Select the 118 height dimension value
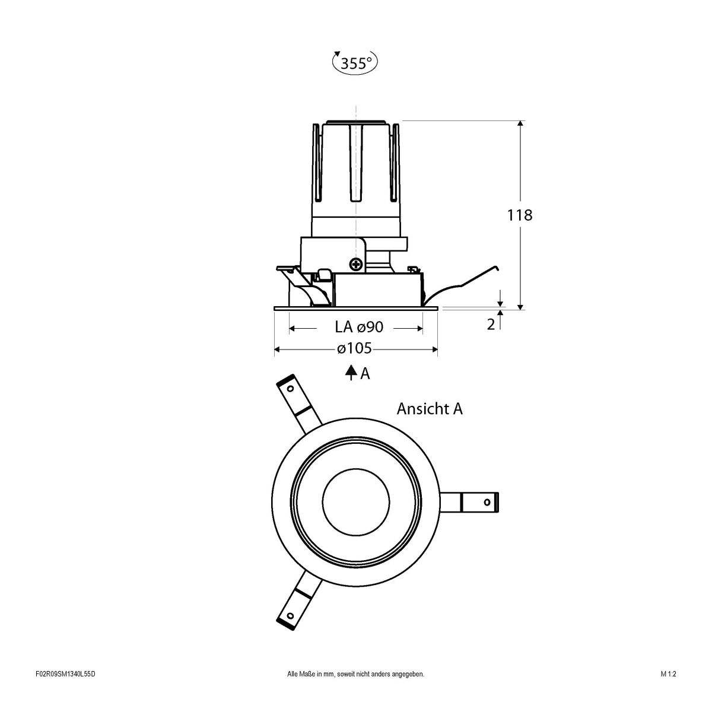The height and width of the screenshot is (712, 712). point(520,215)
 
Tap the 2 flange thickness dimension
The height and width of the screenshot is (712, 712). point(491,325)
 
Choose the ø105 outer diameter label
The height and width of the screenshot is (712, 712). point(354,349)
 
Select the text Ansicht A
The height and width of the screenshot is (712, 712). point(430,409)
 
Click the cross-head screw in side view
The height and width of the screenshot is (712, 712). point(358,265)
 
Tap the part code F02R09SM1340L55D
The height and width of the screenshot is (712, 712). point(65,691)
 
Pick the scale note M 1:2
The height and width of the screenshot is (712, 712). point(667,691)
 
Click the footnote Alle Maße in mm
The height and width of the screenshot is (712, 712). point(355,691)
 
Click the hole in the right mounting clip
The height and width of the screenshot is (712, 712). point(487,502)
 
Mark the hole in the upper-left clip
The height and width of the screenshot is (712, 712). point(290,389)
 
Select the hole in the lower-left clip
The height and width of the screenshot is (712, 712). point(291,615)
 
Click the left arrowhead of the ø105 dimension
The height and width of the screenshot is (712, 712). point(277,349)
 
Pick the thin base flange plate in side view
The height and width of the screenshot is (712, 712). point(355,308)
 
